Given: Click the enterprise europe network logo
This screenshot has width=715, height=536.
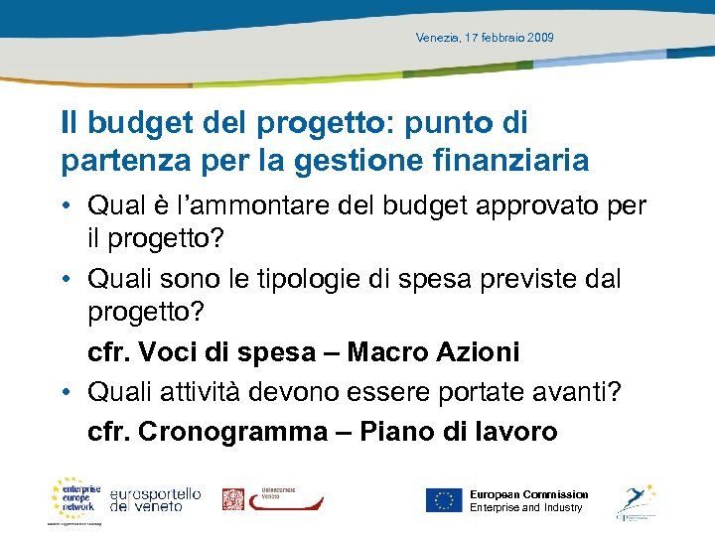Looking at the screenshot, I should click(77, 497).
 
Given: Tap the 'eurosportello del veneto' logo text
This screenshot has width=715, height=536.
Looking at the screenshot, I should click(155, 500).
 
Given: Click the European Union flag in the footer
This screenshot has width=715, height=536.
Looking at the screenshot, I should click(444, 500).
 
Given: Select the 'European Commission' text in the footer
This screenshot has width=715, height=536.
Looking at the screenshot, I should click(528, 494).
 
